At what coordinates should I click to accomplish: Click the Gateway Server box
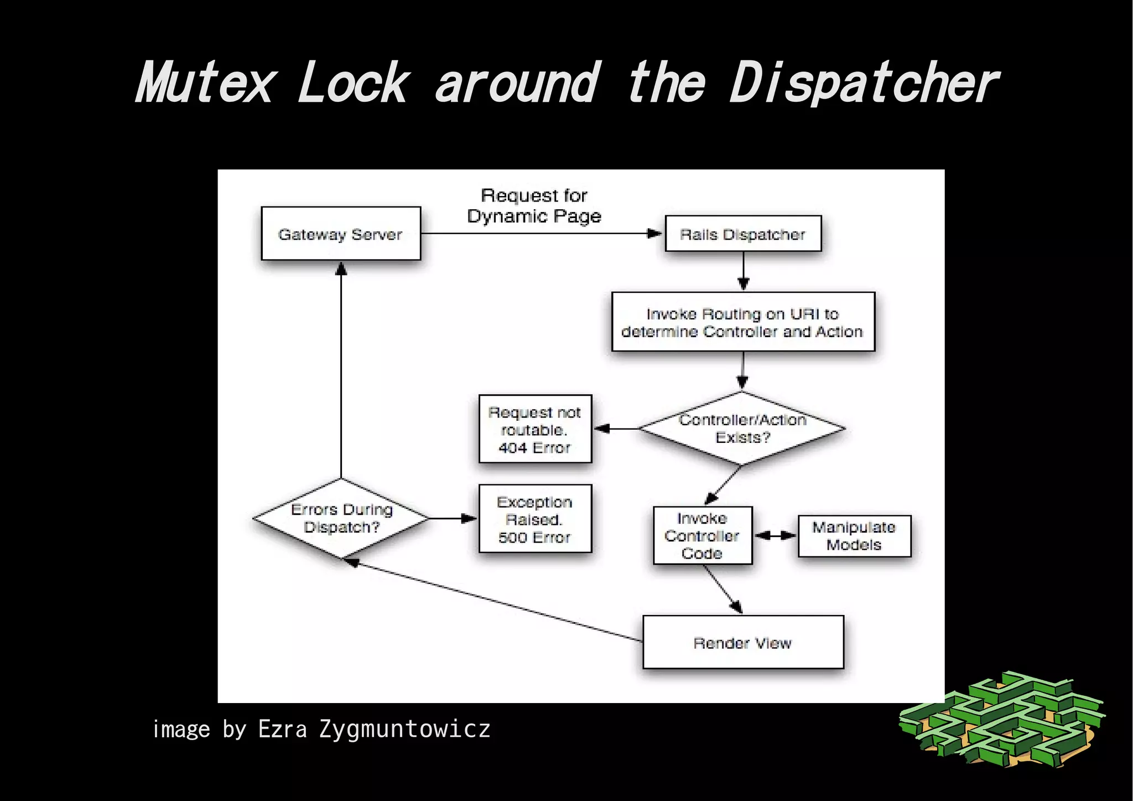click(x=340, y=234)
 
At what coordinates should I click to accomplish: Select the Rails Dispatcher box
click(x=742, y=234)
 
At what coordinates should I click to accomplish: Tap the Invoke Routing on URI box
click(x=742, y=322)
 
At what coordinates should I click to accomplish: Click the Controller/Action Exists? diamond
click(x=742, y=428)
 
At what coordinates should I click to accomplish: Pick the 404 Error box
click(x=535, y=429)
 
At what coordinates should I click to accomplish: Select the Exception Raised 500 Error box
click(x=535, y=519)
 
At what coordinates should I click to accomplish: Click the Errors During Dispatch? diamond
click(x=341, y=518)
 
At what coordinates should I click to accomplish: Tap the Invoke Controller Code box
click(x=702, y=535)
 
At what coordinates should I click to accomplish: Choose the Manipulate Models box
click(x=854, y=536)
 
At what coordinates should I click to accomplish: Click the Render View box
click(x=742, y=642)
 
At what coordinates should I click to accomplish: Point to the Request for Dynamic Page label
click(x=534, y=205)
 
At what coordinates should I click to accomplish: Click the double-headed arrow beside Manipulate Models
click(x=775, y=535)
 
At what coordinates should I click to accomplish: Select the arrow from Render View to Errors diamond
click(x=492, y=601)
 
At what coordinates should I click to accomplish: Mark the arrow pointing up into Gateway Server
click(x=341, y=371)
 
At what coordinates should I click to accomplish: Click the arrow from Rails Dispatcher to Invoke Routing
click(x=744, y=271)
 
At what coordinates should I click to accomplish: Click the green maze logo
click(x=1001, y=720)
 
